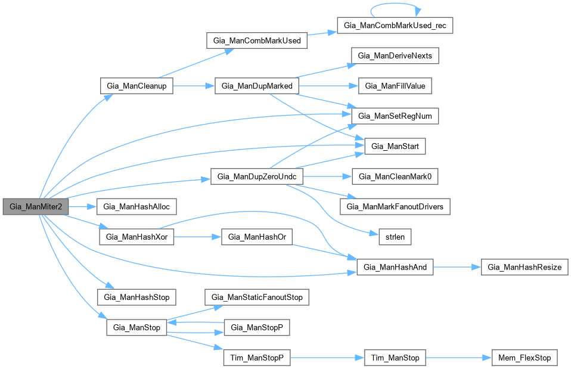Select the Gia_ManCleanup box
[x=136, y=86]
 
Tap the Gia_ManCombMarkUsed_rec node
[x=395, y=25]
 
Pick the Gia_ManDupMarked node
[x=256, y=86]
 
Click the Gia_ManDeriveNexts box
[x=395, y=56]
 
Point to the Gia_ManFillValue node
[x=395, y=86]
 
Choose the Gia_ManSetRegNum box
[x=395, y=116]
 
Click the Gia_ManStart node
[x=395, y=145]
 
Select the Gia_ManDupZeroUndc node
[x=257, y=176]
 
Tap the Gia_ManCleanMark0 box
[x=395, y=176]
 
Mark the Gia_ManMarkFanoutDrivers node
[x=395, y=207]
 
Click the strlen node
[x=394, y=237]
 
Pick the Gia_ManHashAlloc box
[x=136, y=207]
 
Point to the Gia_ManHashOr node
[x=256, y=237]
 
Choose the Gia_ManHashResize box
[x=525, y=267]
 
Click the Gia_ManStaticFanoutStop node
[x=256, y=297]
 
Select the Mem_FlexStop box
[x=525, y=358]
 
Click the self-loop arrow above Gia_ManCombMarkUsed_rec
[x=395, y=5]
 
